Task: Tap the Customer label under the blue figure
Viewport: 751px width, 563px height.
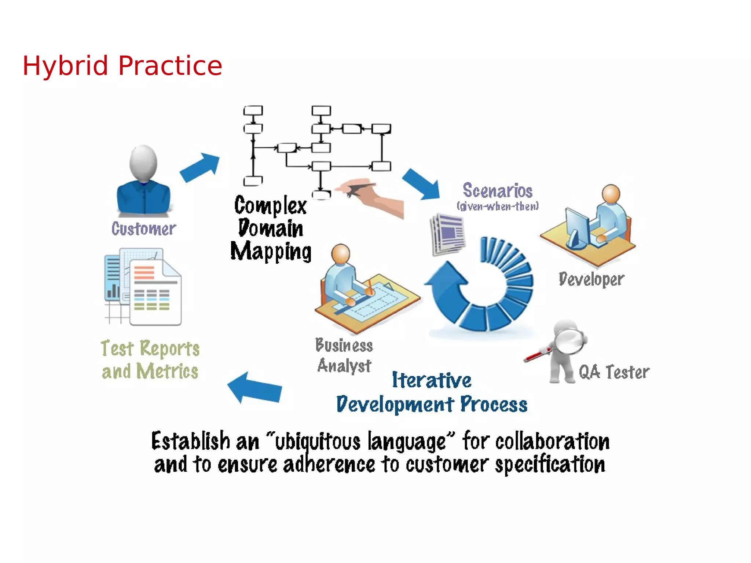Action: tap(144, 229)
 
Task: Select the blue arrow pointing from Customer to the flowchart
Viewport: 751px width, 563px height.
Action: tap(200, 167)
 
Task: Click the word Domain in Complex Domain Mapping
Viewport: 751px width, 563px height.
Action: tap(271, 229)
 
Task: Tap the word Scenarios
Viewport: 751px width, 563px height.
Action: tap(497, 191)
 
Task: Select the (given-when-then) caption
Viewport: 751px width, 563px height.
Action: tap(498, 206)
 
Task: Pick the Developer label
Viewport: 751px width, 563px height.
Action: tap(591, 279)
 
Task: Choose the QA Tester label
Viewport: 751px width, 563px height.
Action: tap(614, 372)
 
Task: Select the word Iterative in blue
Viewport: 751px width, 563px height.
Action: tap(432, 380)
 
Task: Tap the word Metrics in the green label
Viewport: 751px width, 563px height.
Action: tap(167, 371)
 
